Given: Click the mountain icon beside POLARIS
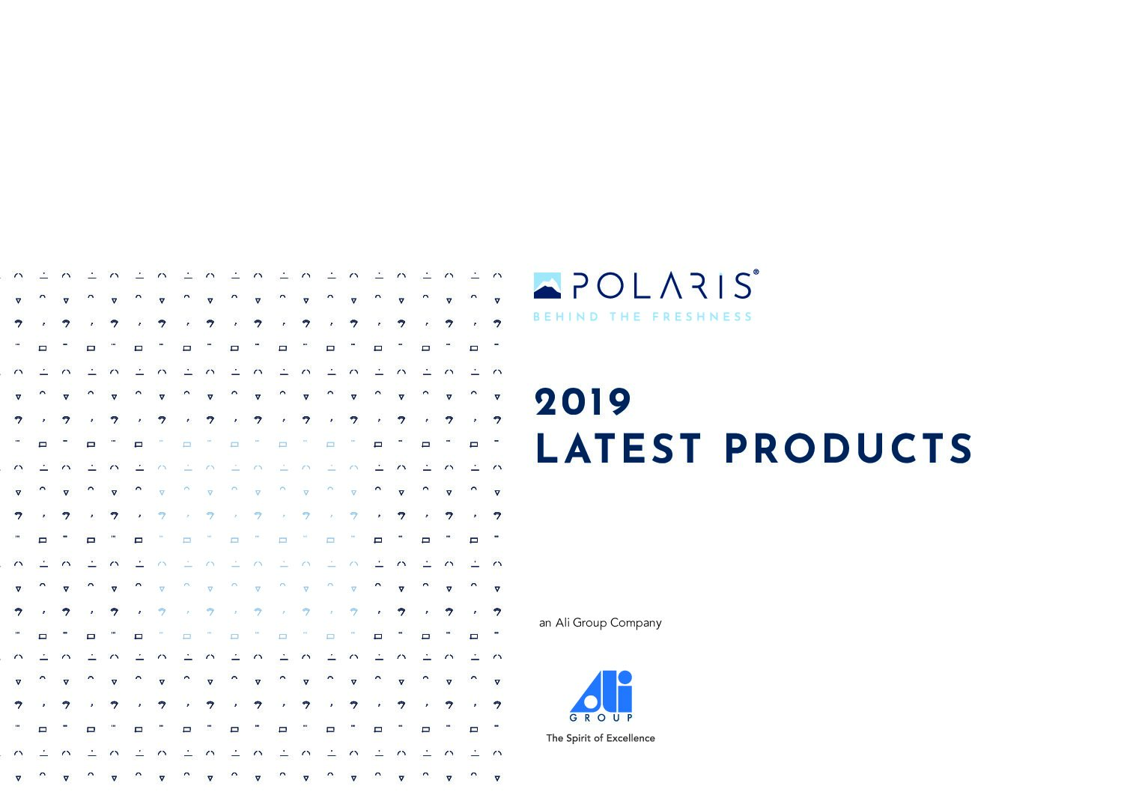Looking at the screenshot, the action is pyautogui.click(x=547, y=286).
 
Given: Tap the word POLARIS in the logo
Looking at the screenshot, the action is pyautogui.click(x=662, y=286).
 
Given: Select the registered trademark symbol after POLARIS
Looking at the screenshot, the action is pyautogui.click(x=756, y=272).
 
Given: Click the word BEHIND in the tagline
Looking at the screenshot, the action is pyautogui.click(x=565, y=317).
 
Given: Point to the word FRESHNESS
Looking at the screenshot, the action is pyautogui.click(x=702, y=317).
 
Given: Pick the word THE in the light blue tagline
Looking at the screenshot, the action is pyautogui.click(x=625, y=317).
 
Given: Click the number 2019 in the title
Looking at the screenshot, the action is pyautogui.click(x=583, y=402).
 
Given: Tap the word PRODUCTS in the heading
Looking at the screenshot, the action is pyautogui.click(x=848, y=448).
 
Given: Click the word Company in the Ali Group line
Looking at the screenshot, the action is pyautogui.click(x=636, y=624).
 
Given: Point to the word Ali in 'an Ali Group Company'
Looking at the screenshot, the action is pyautogui.click(x=562, y=622).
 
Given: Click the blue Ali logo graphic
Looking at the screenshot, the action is pyautogui.click(x=601, y=692).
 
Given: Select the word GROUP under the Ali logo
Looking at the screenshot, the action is pyautogui.click(x=601, y=718).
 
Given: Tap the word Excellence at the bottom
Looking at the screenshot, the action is pyautogui.click(x=630, y=738).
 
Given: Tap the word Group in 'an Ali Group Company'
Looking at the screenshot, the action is pyautogui.click(x=589, y=624).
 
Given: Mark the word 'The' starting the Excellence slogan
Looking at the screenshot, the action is pyautogui.click(x=555, y=738).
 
